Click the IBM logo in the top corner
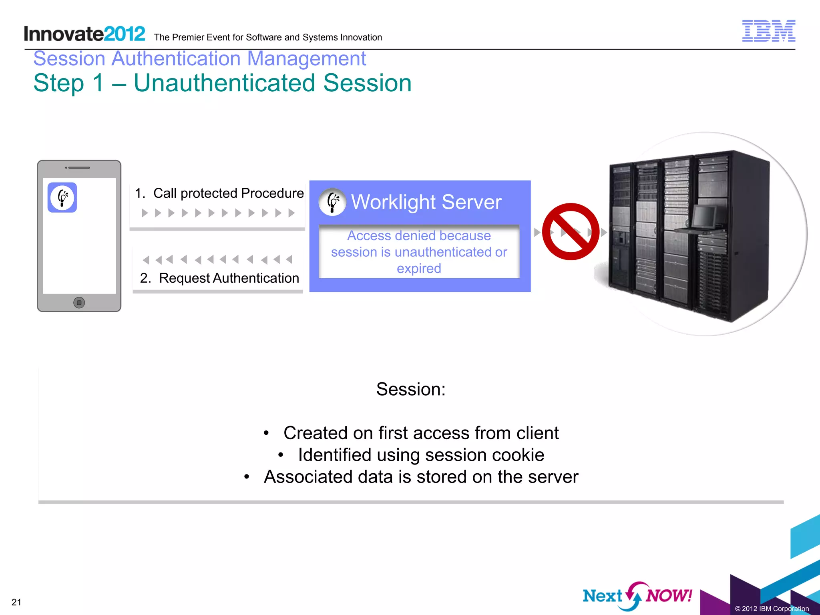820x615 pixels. point(768,31)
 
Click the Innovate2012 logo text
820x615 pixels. point(84,34)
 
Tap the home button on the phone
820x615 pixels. point(79,303)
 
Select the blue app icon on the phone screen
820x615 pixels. point(62,197)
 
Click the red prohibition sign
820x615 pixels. point(571,231)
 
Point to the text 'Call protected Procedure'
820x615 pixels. point(228,193)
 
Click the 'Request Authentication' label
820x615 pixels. point(229,278)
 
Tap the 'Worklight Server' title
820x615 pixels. point(426,202)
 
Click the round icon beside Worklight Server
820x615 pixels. point(332,202)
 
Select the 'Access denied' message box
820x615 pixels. point(419,252)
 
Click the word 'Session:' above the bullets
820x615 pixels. point(411,389)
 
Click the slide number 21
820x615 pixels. point(16,602)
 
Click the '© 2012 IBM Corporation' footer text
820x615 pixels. point(772,609)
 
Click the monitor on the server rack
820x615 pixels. point(703,216)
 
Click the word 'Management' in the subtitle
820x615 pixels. point(306,58)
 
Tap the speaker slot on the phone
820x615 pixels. point(78,167)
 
